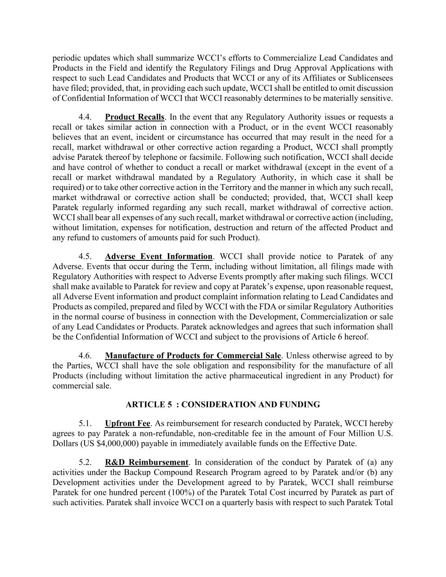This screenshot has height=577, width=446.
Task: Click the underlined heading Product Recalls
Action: (x=134, y=117)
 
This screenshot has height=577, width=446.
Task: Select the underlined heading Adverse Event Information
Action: (x=159, y=257)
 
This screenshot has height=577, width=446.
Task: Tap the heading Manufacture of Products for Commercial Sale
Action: (x=193, y=355)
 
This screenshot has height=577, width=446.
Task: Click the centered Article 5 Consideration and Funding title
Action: (x=223, y=405)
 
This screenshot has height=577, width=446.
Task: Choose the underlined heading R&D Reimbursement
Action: (x=146, y=462)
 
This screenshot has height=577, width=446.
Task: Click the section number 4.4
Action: (x=85, y=117)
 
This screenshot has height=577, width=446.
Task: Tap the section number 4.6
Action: (x=85, y=355)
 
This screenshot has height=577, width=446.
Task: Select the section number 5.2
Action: (x=85, y=462)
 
